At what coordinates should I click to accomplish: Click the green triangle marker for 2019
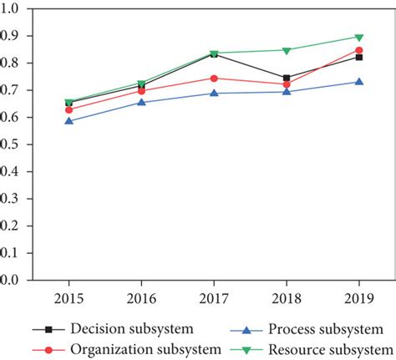pos(359,38)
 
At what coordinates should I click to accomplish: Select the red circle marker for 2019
pos(359,50)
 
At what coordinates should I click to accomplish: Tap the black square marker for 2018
pos(287,78)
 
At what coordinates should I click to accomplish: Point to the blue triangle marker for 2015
pos(69,121)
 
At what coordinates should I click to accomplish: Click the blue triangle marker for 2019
pos(359,82)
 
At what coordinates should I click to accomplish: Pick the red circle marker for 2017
pos(214,79)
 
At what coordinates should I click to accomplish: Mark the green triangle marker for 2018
pos(287,50)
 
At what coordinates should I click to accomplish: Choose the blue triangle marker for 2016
pos(141,102)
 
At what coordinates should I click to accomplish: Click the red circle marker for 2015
pos(69,109)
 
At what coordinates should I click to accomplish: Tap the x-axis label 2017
pos(214,298)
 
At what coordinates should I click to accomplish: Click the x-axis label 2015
pos(69,298)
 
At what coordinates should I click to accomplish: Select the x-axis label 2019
pos(359,298)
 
